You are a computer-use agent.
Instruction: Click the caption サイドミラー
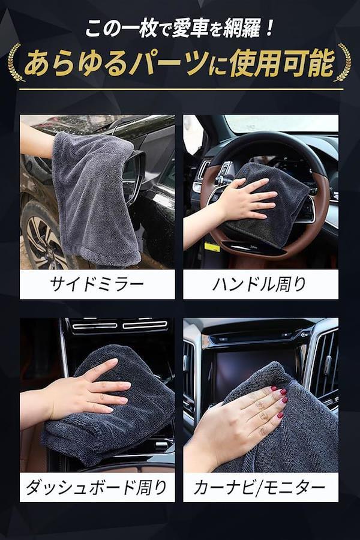97,284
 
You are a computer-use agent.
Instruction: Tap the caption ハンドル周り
260,284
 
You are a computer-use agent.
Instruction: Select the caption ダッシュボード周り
97,487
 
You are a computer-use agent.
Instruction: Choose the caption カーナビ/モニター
260,487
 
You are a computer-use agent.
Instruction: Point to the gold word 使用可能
282,64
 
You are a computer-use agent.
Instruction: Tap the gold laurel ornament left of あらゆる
16,62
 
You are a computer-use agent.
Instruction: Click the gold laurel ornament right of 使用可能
343,62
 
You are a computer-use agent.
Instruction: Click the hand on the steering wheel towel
241,202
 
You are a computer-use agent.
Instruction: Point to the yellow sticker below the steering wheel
212,247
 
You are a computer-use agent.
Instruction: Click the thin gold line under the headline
181,89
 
